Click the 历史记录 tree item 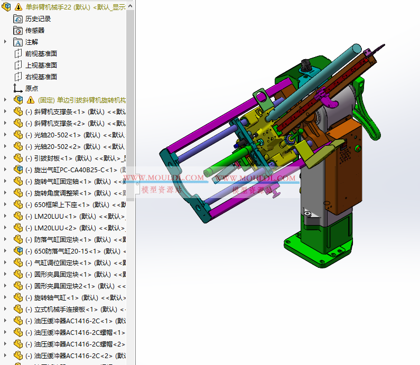38,18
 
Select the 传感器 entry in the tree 35,30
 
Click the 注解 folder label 32,42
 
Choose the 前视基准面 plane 41,53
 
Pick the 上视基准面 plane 41,65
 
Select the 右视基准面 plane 41,77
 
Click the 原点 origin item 32,88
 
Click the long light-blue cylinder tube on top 317,79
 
